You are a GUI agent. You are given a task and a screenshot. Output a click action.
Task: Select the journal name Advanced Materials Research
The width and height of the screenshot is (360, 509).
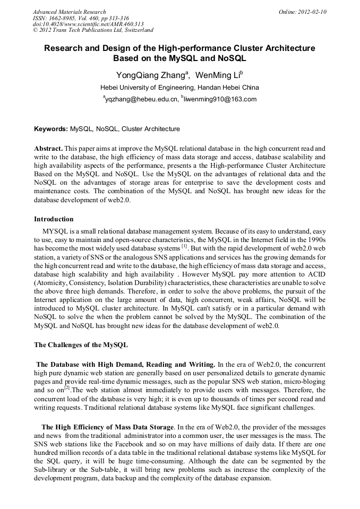point(69,12)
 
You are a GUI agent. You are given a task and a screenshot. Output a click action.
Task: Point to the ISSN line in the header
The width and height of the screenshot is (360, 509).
point(77,18)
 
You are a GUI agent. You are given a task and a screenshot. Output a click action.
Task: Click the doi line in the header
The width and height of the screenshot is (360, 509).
point(88,24)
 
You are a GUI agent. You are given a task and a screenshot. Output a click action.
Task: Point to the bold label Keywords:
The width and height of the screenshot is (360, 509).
point(51,129)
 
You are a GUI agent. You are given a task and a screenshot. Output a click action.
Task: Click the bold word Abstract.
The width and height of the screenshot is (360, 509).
point(48,149)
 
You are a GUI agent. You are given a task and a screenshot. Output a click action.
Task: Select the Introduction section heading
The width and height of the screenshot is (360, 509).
point(54,219)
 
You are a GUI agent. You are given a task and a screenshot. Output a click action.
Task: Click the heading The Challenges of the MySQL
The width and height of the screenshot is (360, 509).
point(81,344)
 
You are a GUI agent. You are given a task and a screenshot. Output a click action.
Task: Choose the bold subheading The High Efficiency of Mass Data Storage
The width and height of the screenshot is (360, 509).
point(107,427)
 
